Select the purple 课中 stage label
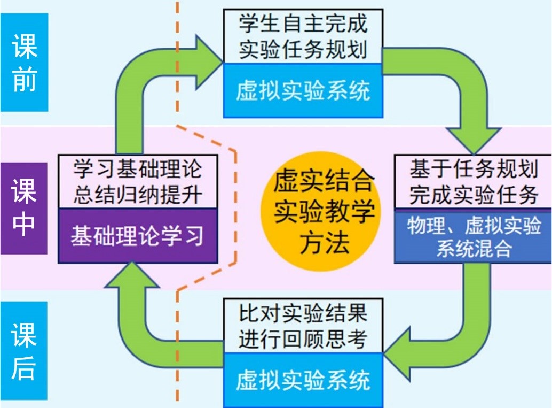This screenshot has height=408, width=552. pyautogui.click(x=24, y=209)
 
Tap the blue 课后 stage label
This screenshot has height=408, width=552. pyautogui.click(x=24, y=351)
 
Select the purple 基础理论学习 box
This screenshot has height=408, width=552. pyautogui.click(x=137, y=235)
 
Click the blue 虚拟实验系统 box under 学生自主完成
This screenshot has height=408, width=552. pyautogui.click(x=303, y=91)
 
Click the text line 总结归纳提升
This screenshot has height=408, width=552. pyautogui.click(x=137, y=195)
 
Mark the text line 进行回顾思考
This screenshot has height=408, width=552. pyautogui.click(x=303, y=338)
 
